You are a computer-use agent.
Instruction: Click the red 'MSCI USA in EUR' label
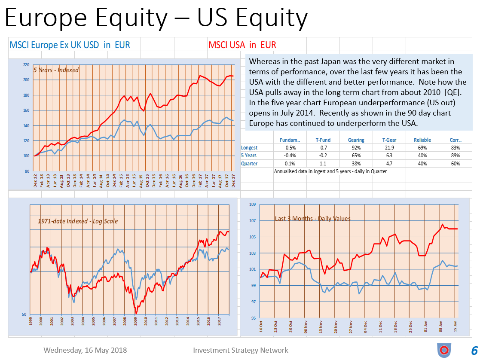click(x=242, y=45)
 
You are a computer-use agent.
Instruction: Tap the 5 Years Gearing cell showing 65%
click(x=356, y=156)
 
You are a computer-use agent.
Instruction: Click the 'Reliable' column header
click(x=422, y=140)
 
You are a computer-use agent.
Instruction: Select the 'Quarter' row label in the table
click(x=249, y=163)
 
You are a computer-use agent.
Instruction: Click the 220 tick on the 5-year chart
click(x=27, y=65)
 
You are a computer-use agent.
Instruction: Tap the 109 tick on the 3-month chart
click(x=253, y=204)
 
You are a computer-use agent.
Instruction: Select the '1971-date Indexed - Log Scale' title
click(x=77, y=221)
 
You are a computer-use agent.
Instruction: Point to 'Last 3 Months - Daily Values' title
click(x=312, y=218)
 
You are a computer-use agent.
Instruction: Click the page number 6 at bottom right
click(x=474, y=350)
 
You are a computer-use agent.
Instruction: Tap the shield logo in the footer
click(x=444, y=350)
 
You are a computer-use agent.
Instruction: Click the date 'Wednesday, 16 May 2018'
click(x=85, y=350)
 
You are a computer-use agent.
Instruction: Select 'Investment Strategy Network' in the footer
click(x=241, y=350)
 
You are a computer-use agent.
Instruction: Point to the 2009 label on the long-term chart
click(x=135, y=321)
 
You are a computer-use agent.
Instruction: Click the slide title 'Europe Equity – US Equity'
click(x=156, y=18)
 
